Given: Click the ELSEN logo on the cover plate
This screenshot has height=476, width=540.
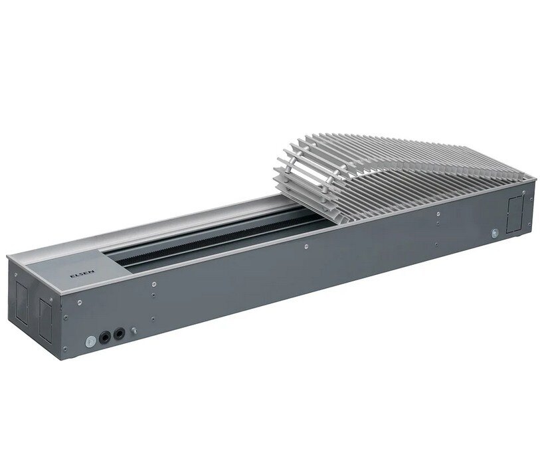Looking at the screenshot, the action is tap(77, 276).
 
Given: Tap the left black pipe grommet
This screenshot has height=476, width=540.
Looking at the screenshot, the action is tap(105, 338).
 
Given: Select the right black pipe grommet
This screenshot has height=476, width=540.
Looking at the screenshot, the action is tap(119, 334).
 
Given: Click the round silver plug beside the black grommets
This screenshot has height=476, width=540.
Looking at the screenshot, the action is tap(90, 342).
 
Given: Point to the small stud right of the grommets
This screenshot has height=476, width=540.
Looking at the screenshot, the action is tap(134, 331).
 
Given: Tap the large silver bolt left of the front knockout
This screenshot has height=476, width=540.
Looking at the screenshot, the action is tap(495, 232).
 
